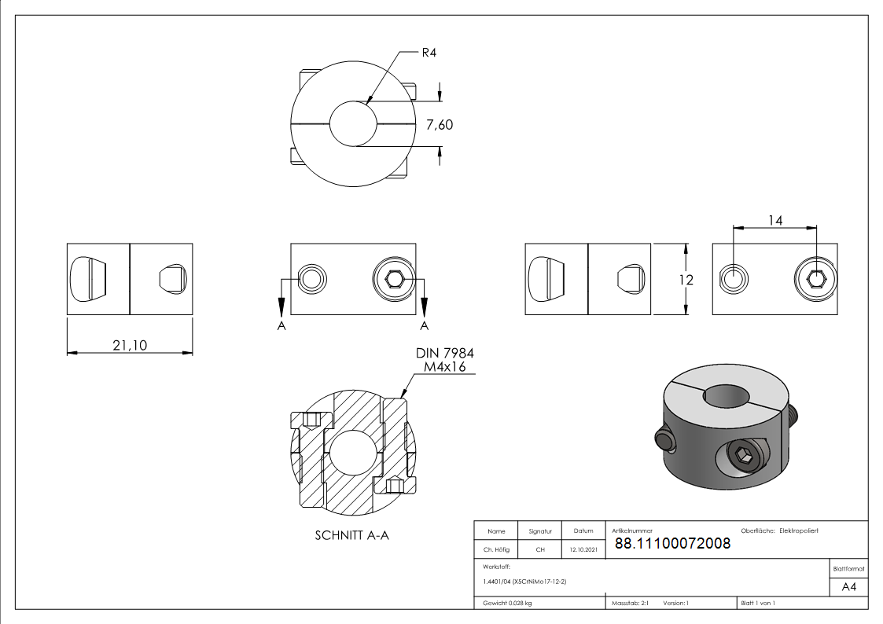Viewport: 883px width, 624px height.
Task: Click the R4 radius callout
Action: (x=429, y=53)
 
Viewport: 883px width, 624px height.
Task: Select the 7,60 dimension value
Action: (x=440, y=125)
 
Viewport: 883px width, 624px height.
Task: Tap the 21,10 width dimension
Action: (x=130, y=345)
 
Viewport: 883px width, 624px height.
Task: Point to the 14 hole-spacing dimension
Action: (x=775, y=221)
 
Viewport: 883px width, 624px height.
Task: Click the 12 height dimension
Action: (x=686, y=280)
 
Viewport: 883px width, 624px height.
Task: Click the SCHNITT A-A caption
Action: (x=352, y=536)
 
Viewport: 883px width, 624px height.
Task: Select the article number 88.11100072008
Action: (x=672, y=544)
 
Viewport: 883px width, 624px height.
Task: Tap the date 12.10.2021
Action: (x=583, y=549)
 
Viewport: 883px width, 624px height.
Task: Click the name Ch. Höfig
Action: (x=496, y=549)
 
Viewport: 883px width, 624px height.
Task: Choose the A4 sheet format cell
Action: (x=848, y=587)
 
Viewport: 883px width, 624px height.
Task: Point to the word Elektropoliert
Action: (x=799, y=530)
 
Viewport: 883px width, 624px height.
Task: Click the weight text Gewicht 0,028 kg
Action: (x=507, y=604)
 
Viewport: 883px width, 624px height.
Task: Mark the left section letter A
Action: (x=281, y=326)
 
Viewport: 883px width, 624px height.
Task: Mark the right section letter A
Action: (x=424, y=326)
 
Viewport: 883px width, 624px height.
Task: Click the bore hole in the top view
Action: (x=353, y=124)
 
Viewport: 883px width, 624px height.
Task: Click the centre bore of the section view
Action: (x=352, y=453)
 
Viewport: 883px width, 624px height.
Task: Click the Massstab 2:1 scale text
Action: (x=630, y=604)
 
